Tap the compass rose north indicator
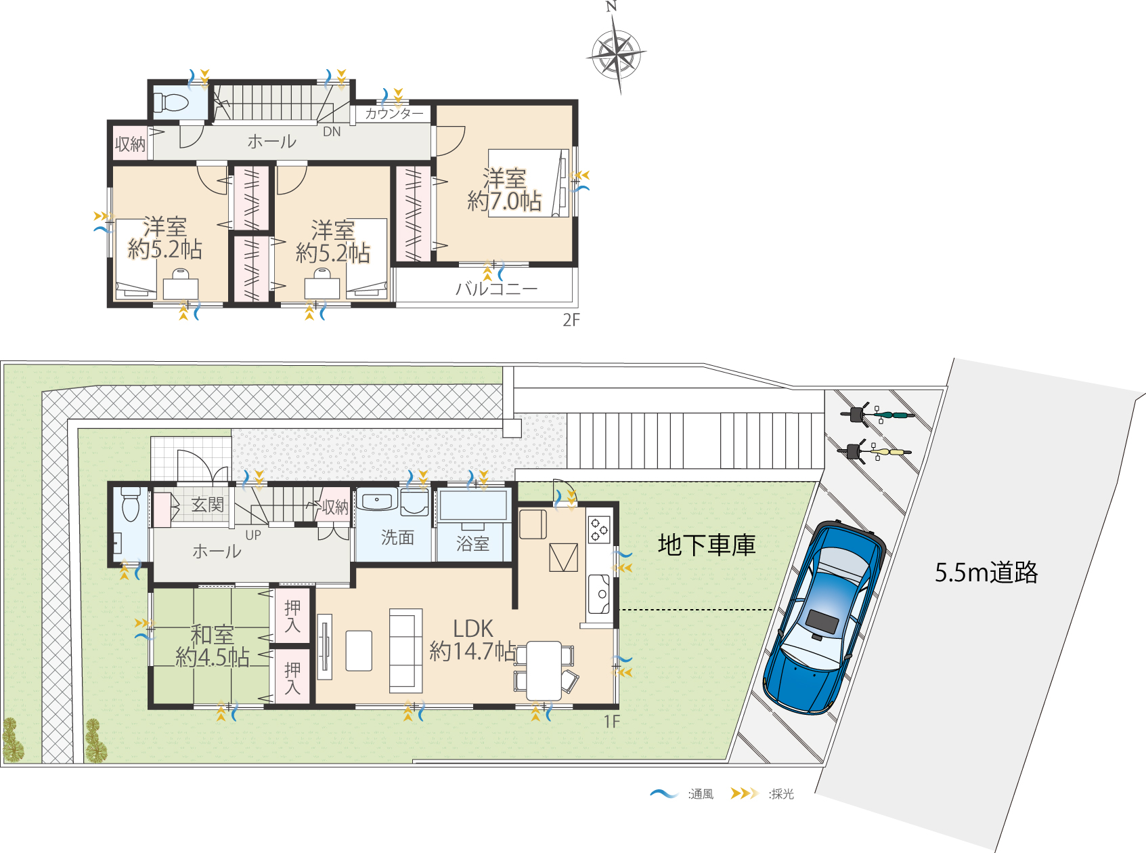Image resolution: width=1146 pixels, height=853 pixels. [x=611, y=7]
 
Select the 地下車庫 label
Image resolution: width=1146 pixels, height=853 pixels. [x=706, y=545]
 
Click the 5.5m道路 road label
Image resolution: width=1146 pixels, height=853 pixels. [x=986, y=573]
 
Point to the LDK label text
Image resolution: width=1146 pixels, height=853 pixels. [x=472, y=629]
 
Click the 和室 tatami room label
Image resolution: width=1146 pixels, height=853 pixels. [x=213, y=635]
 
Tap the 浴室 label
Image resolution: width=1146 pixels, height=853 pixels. [x=472, y=543]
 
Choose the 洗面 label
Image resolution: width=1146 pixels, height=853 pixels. [x=397, y=537]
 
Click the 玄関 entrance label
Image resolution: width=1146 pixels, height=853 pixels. [x=208, y=505]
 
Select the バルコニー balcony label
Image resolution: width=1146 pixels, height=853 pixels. [x=497, y=288]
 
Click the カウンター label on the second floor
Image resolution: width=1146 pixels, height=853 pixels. [x=394, y=113]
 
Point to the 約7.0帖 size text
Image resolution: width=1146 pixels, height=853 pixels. [x=504, y=201]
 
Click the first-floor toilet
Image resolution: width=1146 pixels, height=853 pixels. [x=131, y=503]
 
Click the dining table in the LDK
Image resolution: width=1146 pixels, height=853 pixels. [x=544, y=670]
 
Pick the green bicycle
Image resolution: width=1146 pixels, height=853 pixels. [x=877, y=414]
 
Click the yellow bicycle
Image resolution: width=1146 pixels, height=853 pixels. [x=875, y=452]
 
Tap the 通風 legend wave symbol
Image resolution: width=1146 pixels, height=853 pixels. [x=665, y=794]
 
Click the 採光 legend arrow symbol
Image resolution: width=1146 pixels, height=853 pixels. [x=745, y=793]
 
